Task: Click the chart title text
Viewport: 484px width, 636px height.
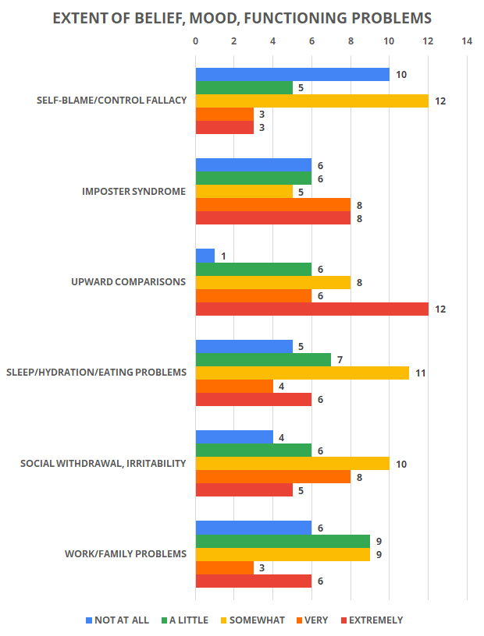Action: click(242, 18)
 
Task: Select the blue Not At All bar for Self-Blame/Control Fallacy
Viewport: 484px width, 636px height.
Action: click(292, 75)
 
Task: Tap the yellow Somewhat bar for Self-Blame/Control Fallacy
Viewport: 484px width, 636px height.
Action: click(311, 101)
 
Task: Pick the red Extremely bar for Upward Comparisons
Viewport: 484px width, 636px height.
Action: click(311, 309)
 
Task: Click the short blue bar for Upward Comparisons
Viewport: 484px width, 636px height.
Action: click(205, 256)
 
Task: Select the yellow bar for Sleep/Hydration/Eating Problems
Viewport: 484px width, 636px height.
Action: click(302, 373)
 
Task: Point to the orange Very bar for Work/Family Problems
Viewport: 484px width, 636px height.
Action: click(224, 567)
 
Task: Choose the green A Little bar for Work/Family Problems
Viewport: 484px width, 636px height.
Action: click(283, 541)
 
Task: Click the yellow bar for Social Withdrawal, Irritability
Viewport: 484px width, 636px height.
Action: click(292, 464)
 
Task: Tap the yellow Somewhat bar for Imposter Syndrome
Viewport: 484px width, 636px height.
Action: click(244, 192)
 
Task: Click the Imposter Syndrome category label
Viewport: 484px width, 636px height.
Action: click(133, 192)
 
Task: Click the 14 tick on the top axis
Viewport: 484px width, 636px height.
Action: click(467, 41)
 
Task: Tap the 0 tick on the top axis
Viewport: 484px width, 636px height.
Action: click(195, 41)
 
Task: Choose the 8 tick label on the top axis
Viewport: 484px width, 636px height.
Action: click(351, 41)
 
